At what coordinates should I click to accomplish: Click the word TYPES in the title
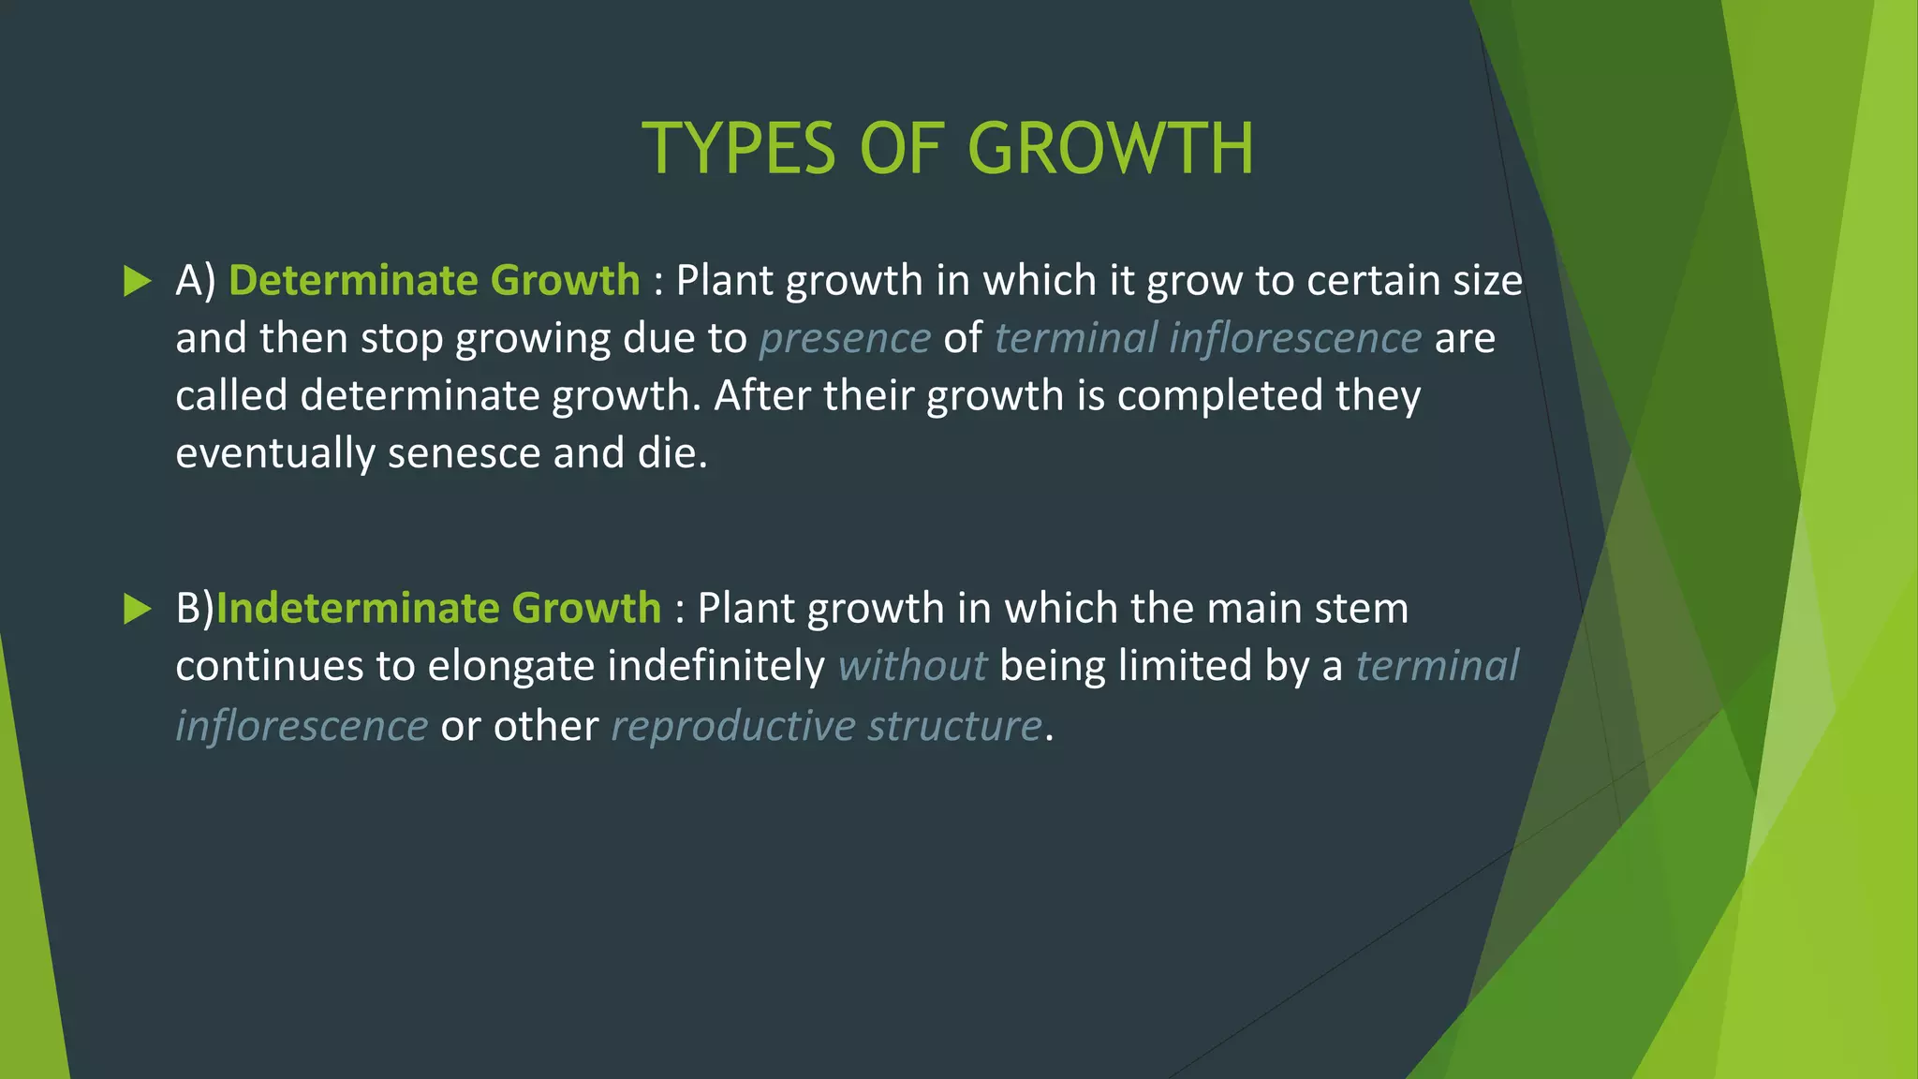click(x=738, y=149)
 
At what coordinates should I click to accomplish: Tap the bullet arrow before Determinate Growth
click(x=137, y=281)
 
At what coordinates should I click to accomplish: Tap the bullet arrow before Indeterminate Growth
click(x=137, y=609)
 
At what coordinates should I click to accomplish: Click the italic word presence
click(x=845, y=338)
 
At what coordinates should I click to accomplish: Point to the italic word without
click(x=912, y=666)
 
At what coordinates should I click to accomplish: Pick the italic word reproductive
click(x=732, y=727)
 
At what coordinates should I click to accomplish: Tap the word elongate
click(x=510, y=666)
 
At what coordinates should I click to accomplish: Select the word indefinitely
click(x=716, y=666)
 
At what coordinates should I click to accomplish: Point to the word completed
click(x=1220, y=395)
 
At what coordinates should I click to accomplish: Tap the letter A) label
click(x=196, y=281)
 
